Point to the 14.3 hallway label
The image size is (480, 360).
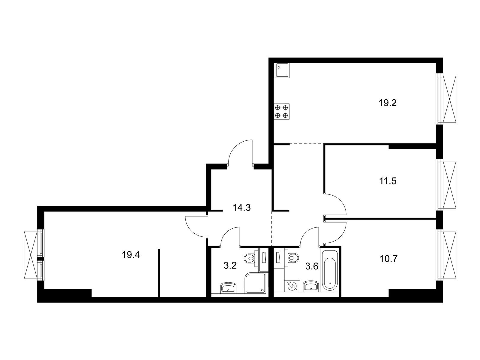pos(241,207)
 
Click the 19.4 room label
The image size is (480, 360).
pos(131,255)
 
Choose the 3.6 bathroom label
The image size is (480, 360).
pos(311,266)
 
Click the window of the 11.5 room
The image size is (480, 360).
pos(447,185)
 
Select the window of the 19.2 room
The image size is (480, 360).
pos(447,99)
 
